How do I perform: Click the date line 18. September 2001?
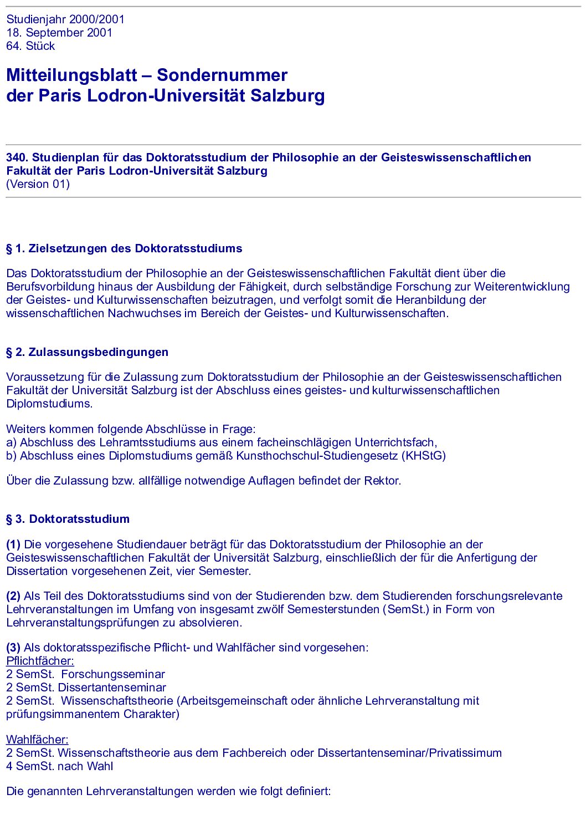pyautogui.click(x=59, y=33)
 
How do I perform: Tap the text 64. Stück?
pyautogui.click(x=30, y=46)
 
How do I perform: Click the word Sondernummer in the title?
pyautogui.click(x=222, y=75)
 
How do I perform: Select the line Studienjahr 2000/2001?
pyautogui.click(x=65, y=19)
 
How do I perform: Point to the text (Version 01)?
pyautogui.click(x=38, y=184)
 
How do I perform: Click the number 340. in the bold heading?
pyautogui.click(x=17, y=157)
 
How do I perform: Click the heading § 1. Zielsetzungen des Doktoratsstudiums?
pyautogui.click(x=124, y=248)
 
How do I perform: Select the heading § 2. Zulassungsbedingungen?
pyautogui.click(x=87, y=352)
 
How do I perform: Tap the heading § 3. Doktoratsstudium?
pyautogui.click(x=68, y=519)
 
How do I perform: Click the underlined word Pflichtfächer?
pyautogui.click(x=40, y=661)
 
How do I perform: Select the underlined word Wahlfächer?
pyautogui.click(x=37, y=740)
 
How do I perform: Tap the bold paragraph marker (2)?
pyautogui.click(x=13, y=596)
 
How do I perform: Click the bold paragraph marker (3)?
pyautogui.click(x=13, y=648)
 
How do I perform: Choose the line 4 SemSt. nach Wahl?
pyautogui.click(x=59, y=766)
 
